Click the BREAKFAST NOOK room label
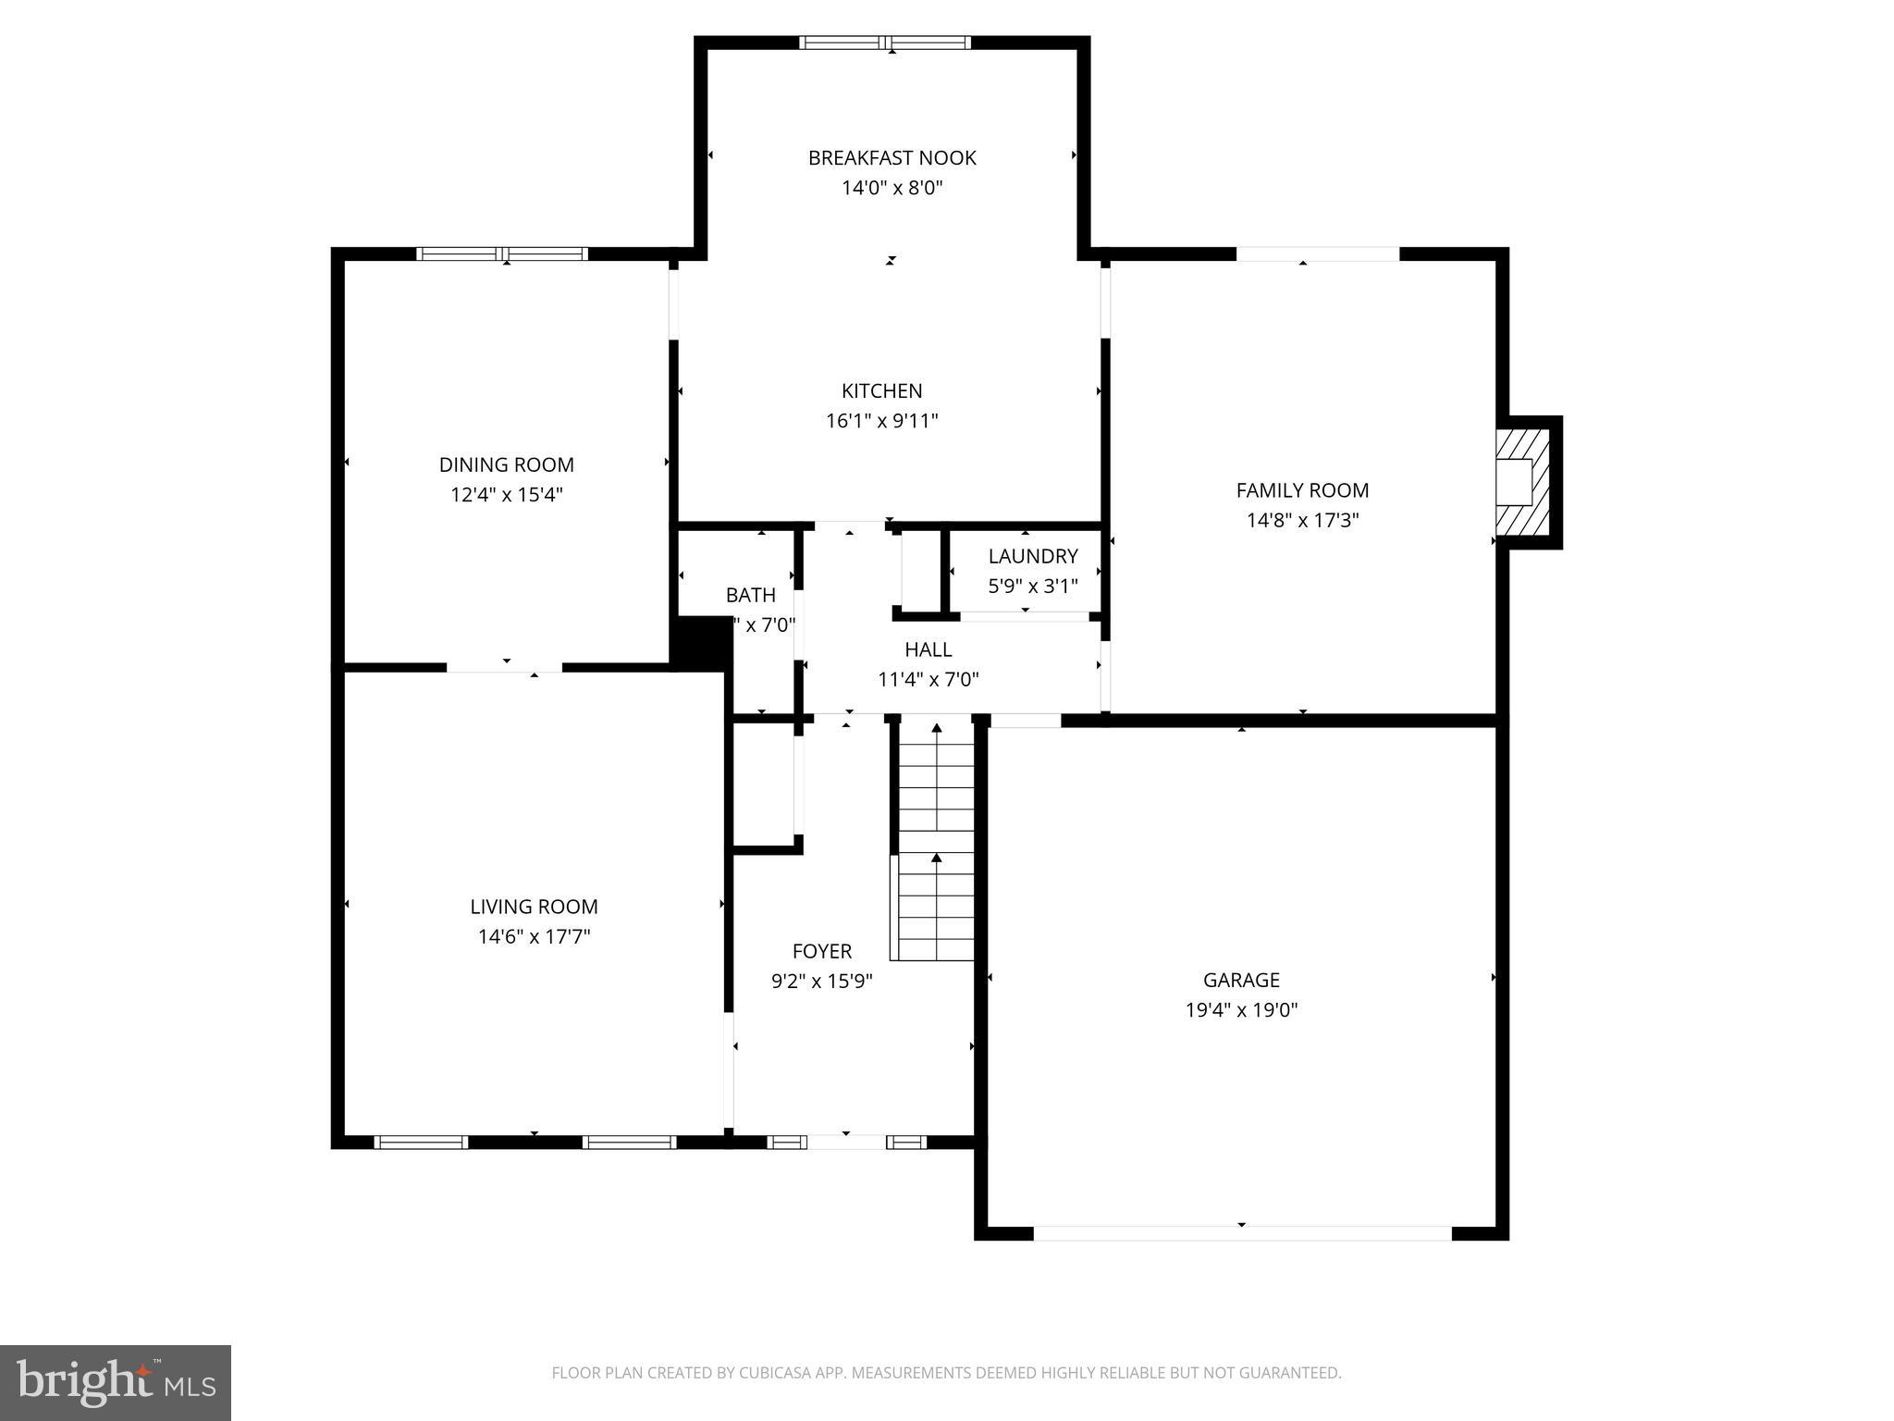[892, 158]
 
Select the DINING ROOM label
[506, 464]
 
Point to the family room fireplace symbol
[1522, 481]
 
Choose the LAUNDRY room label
[1032, 556]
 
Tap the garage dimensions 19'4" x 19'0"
[1241, 1010]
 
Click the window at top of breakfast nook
[885, 43]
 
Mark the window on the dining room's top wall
[502, 254]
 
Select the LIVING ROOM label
[534, 907]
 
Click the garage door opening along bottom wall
[1242, 1233]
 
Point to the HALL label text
[928, 649]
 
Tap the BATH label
[750, 595]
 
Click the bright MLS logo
[116, 1382]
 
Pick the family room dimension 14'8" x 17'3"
[1302, 521]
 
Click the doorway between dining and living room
[505, 667]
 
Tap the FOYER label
[821, 951]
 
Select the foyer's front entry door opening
[846, 1143]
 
